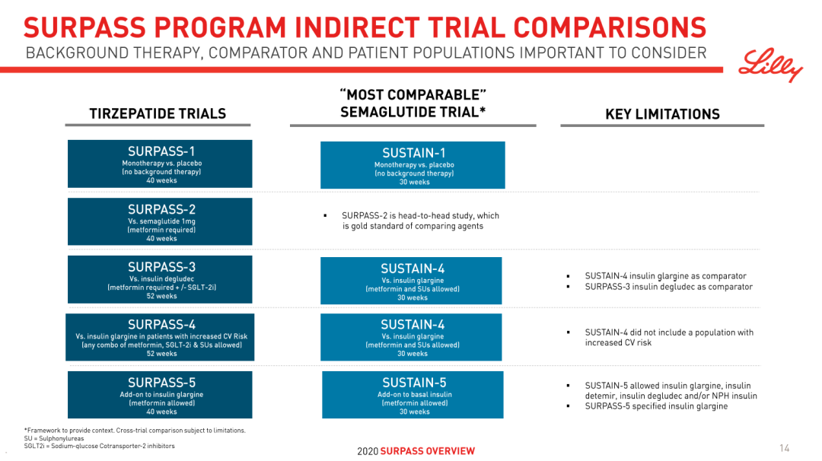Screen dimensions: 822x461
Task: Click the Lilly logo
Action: click(770, 65)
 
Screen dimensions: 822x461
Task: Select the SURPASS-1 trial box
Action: click(160, 164)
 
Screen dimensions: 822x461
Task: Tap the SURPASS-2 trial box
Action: click(160, 221)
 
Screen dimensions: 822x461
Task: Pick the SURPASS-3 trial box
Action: click(160, 279)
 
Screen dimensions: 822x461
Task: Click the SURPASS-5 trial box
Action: click(160, 395)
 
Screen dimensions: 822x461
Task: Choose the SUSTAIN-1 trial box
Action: click(413, 165)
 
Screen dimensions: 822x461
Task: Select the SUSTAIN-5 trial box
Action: click(413, 395)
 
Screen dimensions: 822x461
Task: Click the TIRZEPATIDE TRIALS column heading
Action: click(158, 113)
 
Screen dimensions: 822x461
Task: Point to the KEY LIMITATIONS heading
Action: click(663, 114)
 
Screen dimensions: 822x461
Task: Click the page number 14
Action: click(784, 448)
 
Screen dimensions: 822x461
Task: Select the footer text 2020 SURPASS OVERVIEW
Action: click(416, 451)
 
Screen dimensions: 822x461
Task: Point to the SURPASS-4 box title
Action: click(161, 325)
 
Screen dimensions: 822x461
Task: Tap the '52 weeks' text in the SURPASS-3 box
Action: click(161, 296)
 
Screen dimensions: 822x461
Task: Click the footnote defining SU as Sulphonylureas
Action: click(53, 438)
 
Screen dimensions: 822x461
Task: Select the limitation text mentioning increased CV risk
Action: click(669, 337)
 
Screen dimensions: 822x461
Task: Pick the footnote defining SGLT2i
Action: click(99, 447)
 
